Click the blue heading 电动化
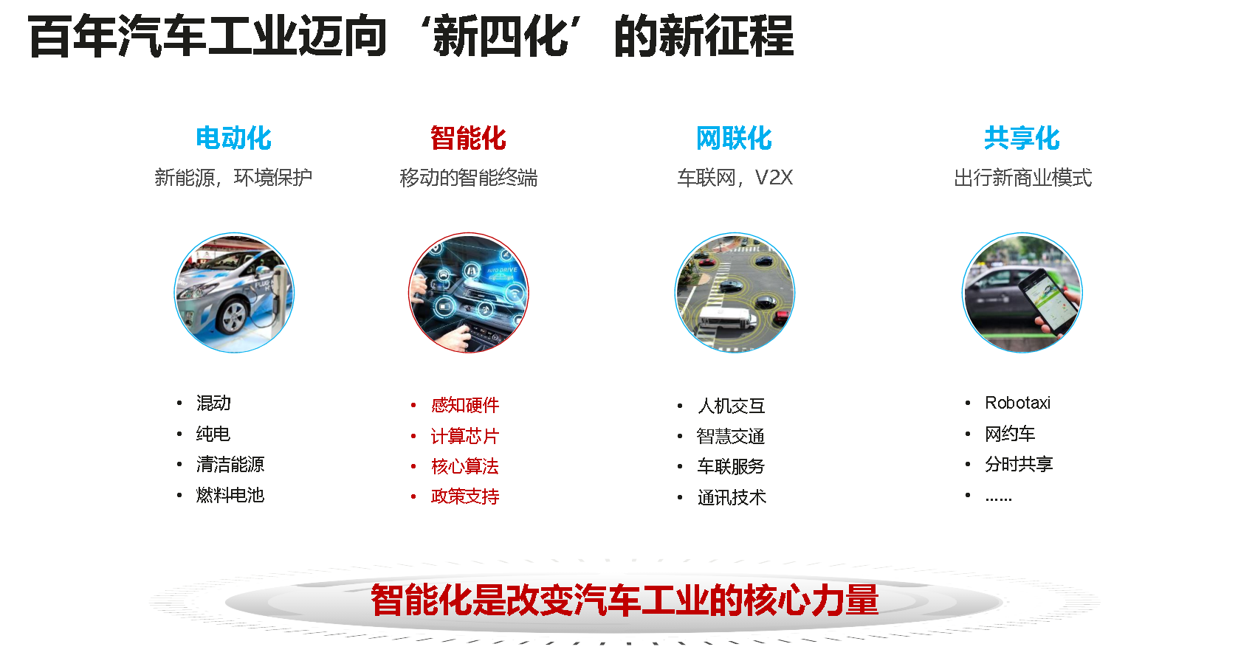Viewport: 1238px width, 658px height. coord(233,138)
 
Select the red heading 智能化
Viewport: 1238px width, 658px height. coord(468,138)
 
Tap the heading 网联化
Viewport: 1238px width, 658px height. coord(734,138)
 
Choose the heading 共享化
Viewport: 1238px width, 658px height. coord(1022,138)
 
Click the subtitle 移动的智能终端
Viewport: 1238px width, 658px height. coord(468,178)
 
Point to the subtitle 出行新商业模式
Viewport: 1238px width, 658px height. coord(1022,178)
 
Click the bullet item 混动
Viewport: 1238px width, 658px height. coord(213,403)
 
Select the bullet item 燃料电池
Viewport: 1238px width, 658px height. coord(230,495)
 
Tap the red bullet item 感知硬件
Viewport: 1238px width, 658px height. coord(465,405)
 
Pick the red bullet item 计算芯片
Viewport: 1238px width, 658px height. coord(465,436)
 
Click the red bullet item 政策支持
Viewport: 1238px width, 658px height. coord(465,496)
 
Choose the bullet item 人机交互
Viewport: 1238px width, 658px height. coord(731,406)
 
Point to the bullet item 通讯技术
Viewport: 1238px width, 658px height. coord(732,497)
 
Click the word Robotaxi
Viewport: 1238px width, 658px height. coord(1017,403)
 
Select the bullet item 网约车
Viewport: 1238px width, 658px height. coord(1009,434)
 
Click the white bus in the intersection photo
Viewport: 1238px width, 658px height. coord(726,319)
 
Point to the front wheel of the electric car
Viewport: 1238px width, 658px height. coord(233,316)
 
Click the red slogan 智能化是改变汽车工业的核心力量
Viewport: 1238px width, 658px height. coord(625,600)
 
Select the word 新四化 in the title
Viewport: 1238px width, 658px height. coord(501,37)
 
